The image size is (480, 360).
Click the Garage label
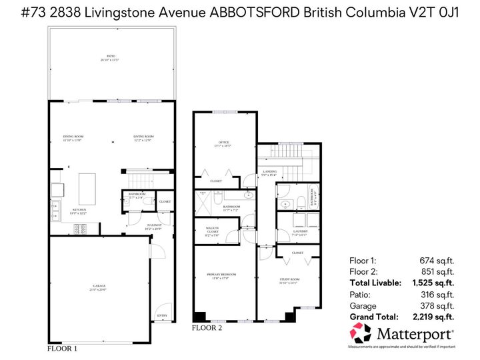coord(99,287)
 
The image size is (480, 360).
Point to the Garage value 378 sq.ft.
coord(437,305)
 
